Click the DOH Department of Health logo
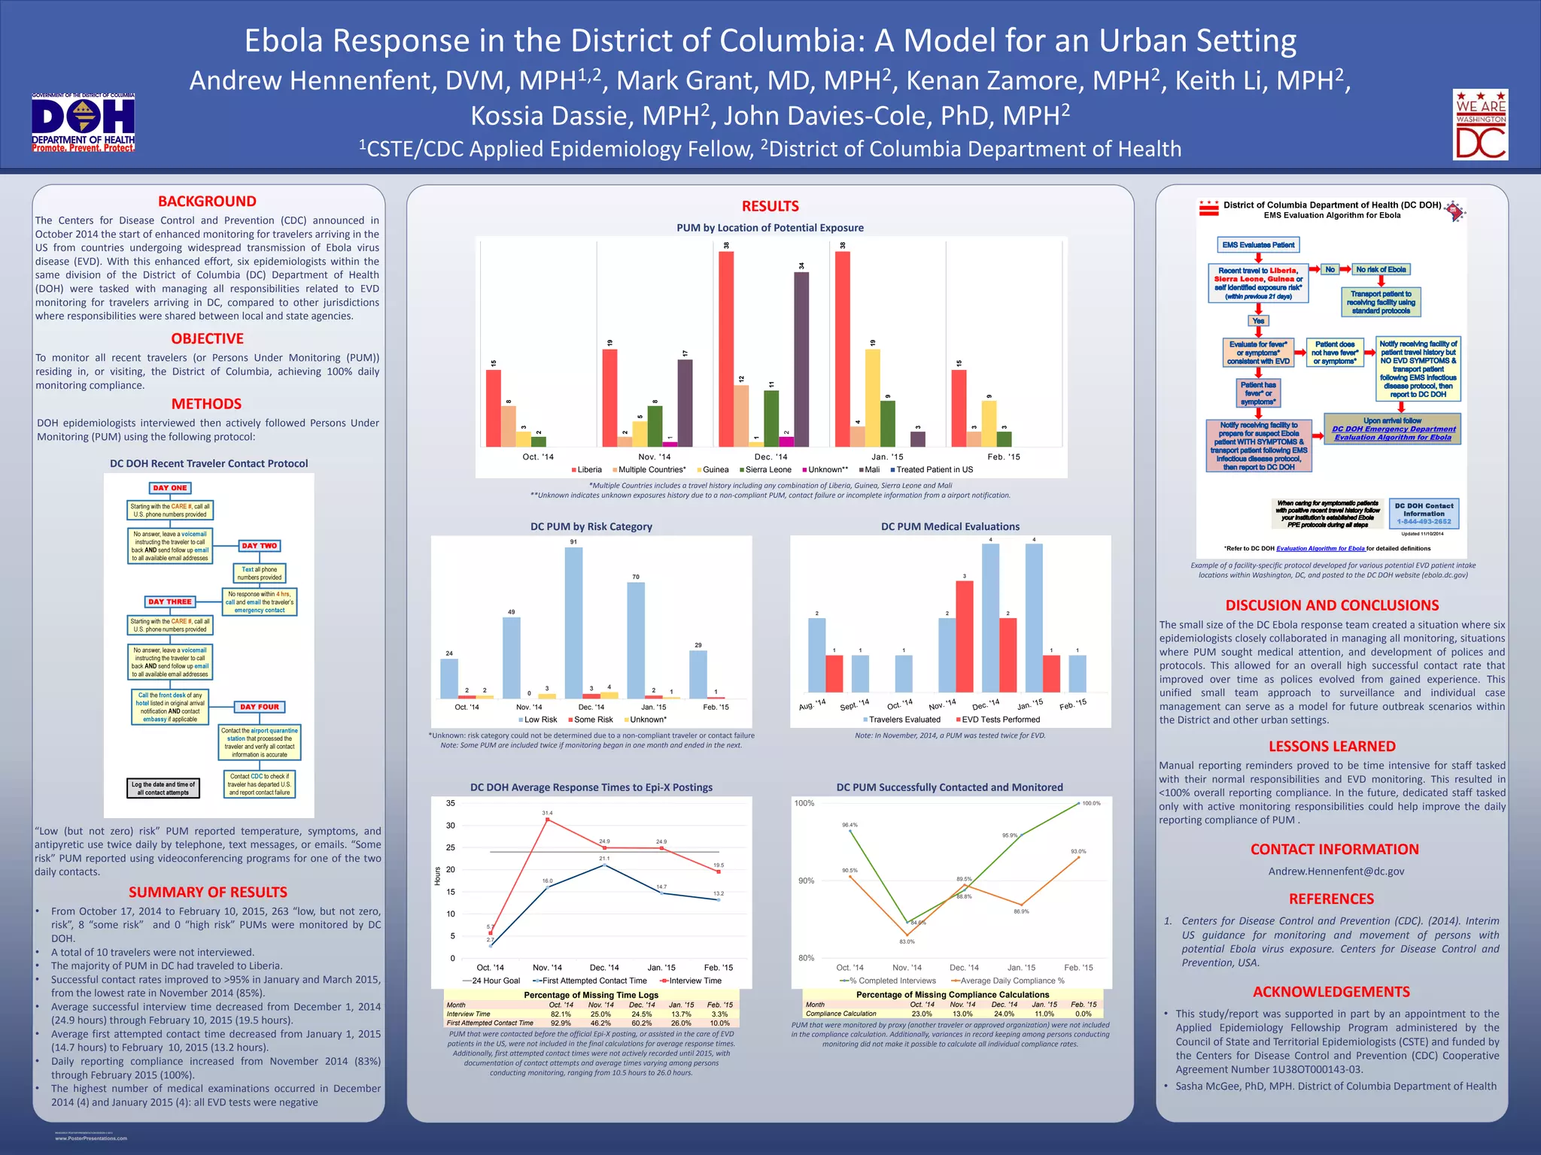click(83, 123)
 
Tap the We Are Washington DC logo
click(1480, 124)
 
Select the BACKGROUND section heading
click(207, 202)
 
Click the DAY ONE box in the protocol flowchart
click(170, 488)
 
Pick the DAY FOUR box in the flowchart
click(259, 707)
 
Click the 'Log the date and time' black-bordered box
click(163, 788)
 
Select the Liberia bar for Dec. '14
click(726, 349)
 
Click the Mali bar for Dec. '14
click(801, 359)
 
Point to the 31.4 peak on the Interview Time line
click(547, 819)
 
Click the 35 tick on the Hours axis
click(451, 803)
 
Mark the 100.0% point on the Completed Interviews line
click(1078, 803)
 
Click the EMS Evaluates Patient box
click(1258, 245)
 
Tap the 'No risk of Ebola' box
click(1381, 269)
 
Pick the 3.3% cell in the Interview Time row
click(719, 1014)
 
